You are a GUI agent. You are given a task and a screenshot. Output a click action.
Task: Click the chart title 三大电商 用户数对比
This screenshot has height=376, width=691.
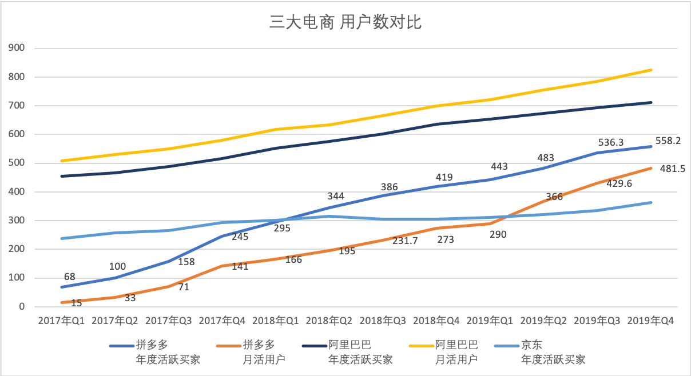pos(345,22)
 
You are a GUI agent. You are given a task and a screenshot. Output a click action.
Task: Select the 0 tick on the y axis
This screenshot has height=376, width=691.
pos(23,307)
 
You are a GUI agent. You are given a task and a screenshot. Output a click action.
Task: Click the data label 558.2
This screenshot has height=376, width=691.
pos(668,140)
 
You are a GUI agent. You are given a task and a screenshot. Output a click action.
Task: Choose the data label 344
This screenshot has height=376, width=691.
pos(335,197)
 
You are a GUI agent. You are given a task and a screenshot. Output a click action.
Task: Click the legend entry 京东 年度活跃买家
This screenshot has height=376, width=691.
pos(553,352)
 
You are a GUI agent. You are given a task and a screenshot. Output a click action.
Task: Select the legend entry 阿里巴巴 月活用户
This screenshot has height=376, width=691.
pos(456,352)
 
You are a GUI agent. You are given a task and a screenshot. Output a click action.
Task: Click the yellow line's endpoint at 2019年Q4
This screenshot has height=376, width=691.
pos(651,70)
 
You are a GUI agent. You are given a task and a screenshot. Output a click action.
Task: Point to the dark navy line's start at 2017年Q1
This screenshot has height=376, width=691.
pos(61,176)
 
